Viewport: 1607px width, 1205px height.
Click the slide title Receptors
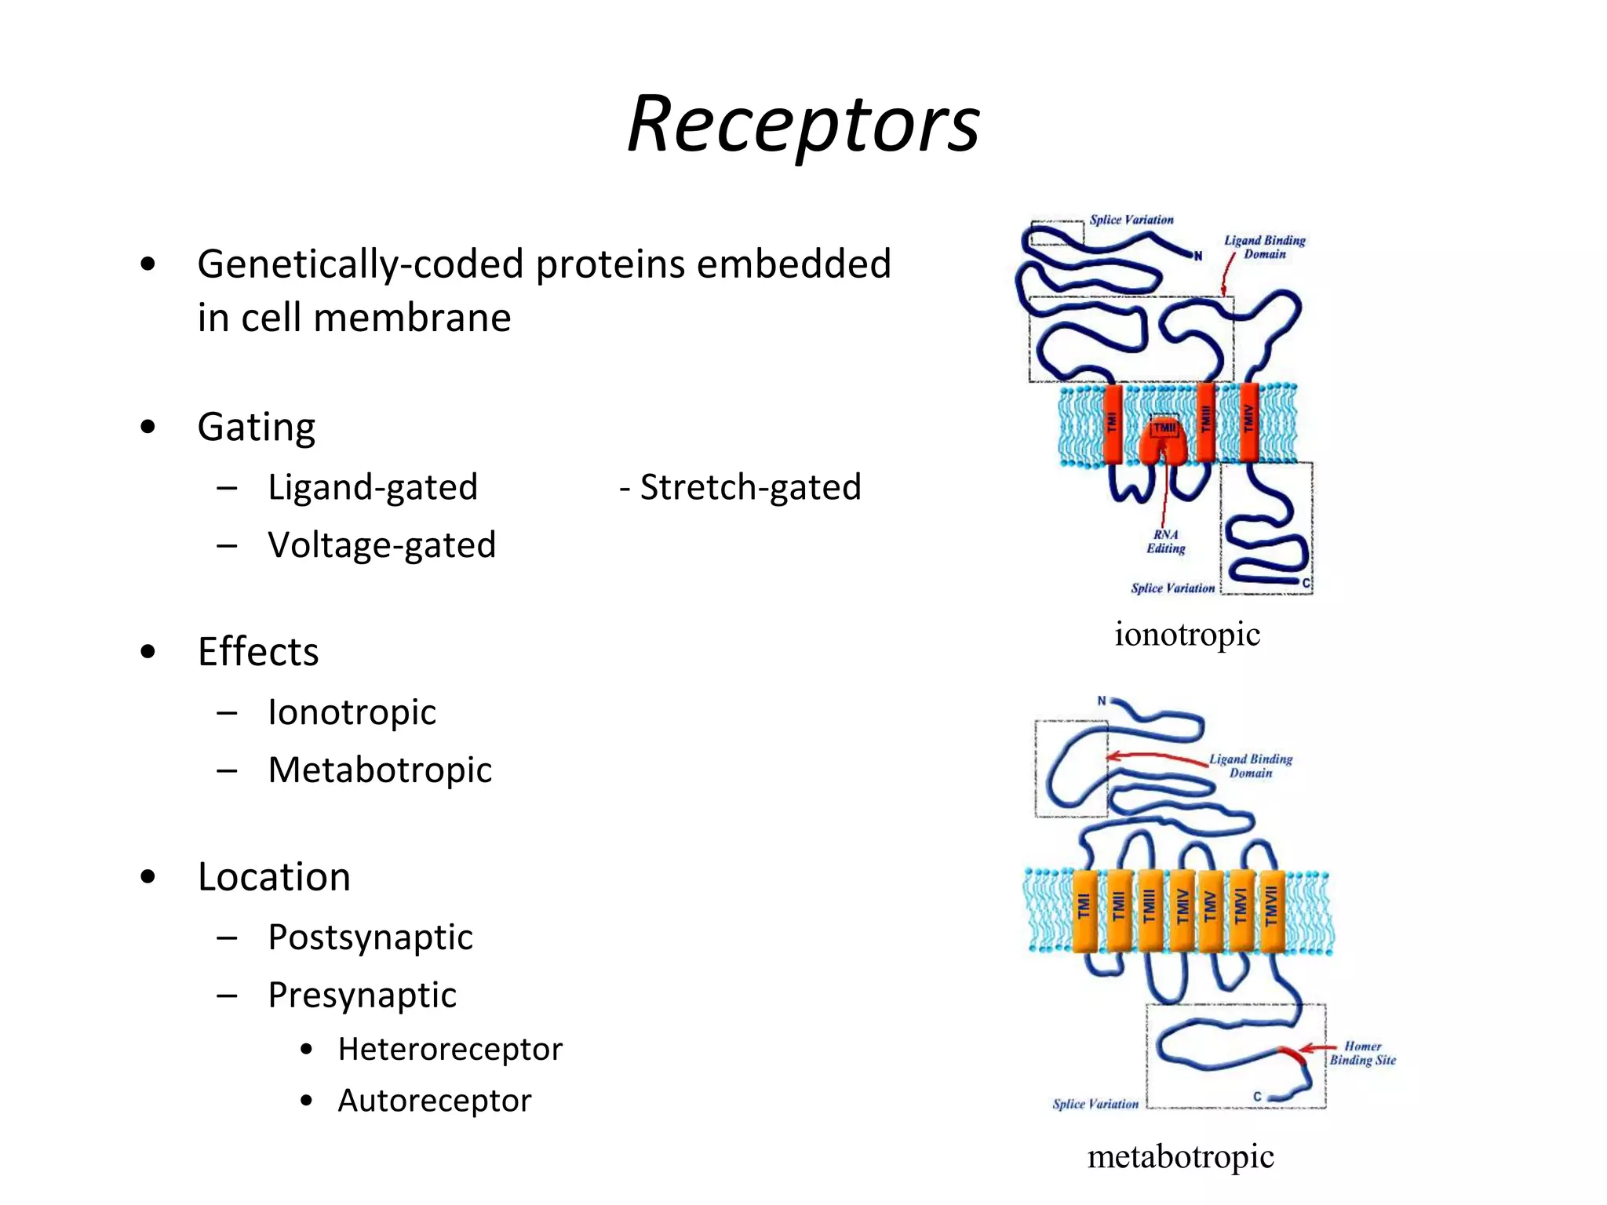click(x=803, y=124)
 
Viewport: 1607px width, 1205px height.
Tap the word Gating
click(x=256, y=428)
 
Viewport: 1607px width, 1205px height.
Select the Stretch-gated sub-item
click(x=741, y=487)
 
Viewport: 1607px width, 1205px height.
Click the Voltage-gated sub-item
click(x=381, y=545)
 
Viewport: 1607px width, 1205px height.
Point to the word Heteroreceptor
click(x=450, y=1050)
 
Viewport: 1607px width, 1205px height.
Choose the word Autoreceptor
click(x=434, y=1101)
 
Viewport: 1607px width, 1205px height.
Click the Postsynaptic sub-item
click(x=370, y=937)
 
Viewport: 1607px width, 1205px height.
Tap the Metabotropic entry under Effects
click(x=380, y=770)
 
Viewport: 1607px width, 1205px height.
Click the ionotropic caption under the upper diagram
click(x=1186, y=634)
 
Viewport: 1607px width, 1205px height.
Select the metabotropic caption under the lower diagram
click(x=1180, y=1156)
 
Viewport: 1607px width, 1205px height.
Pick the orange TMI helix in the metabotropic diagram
click(x=1084, y=910)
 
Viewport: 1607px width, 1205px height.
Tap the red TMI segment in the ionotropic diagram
click(x=1112, y=424)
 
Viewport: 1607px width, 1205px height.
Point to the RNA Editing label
click(x=1166, y=541)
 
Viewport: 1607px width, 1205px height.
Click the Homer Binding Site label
click(x=1362, y=1054)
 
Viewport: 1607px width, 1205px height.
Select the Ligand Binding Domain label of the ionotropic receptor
click(x=1264, y=247)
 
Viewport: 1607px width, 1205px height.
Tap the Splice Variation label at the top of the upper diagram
click(x=1131, y=220)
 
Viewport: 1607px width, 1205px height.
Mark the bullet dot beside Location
click(x=148, y=877)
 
